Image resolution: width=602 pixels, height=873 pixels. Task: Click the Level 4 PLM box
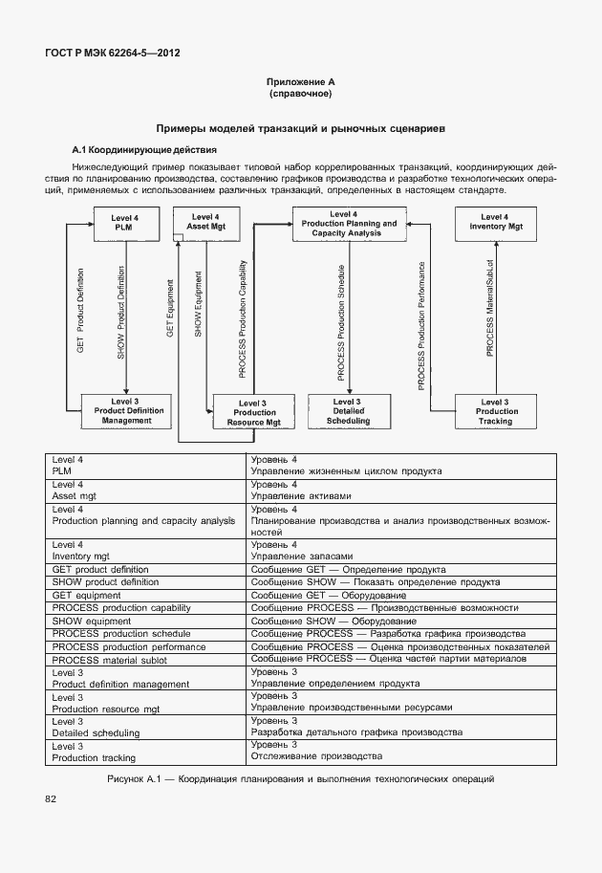coord(123,224)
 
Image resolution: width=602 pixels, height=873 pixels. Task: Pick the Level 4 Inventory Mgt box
coord(496,223)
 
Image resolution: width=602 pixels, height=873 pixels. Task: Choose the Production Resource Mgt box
coord(254,412)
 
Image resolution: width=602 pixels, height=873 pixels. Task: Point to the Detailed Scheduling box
coord(348,411)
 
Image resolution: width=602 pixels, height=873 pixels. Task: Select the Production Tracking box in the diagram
coord(494,411)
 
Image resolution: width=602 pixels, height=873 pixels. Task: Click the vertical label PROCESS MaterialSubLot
coord(489,320)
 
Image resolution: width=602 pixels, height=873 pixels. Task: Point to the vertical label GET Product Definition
coord(80,311)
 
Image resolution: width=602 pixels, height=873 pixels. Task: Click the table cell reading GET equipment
coord(89,595)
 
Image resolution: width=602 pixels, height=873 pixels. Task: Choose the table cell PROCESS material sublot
coord(117,660)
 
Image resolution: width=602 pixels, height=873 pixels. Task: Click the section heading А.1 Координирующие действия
coord(144,150)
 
